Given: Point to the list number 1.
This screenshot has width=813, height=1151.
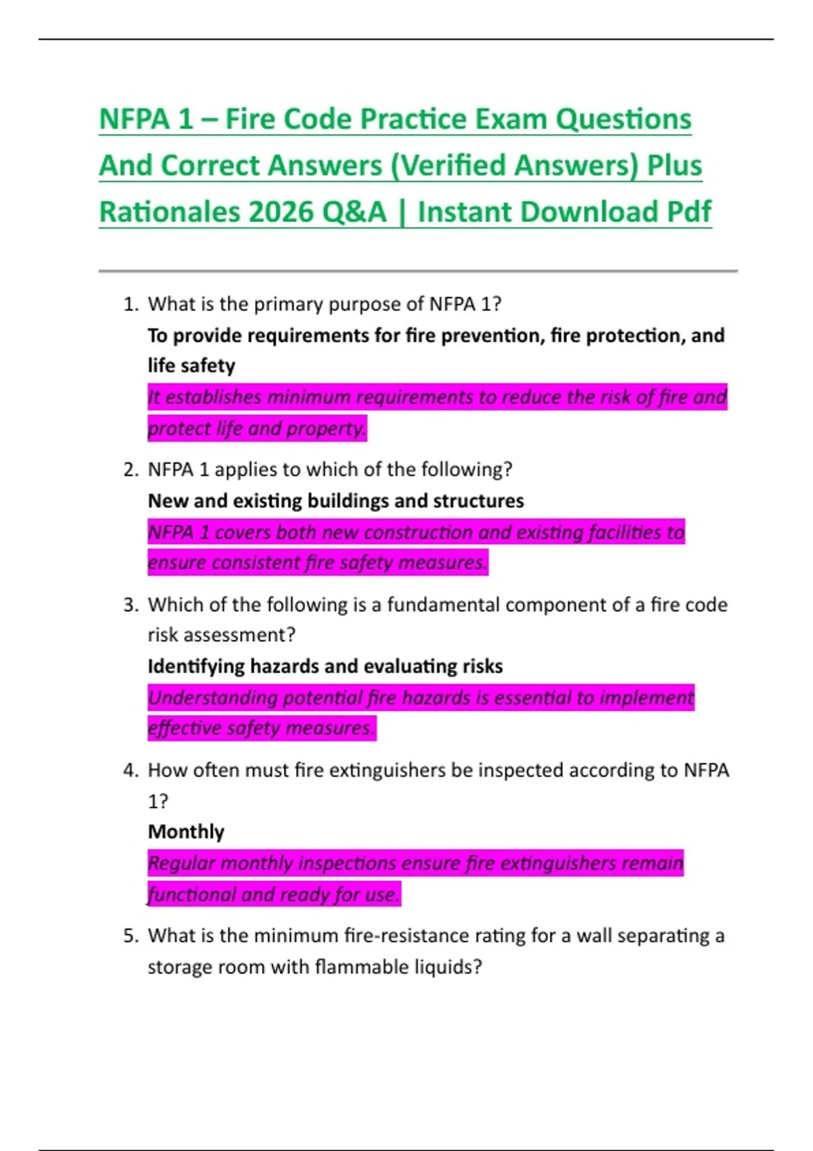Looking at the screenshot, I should pos(130,304).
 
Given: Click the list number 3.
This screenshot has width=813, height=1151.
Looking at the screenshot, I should pos(130,605).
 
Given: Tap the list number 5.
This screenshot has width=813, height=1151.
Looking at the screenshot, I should pos(130,936).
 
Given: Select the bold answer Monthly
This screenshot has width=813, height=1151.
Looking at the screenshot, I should pos(186,831).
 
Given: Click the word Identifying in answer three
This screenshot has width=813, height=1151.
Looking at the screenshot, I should pos(196,666).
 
